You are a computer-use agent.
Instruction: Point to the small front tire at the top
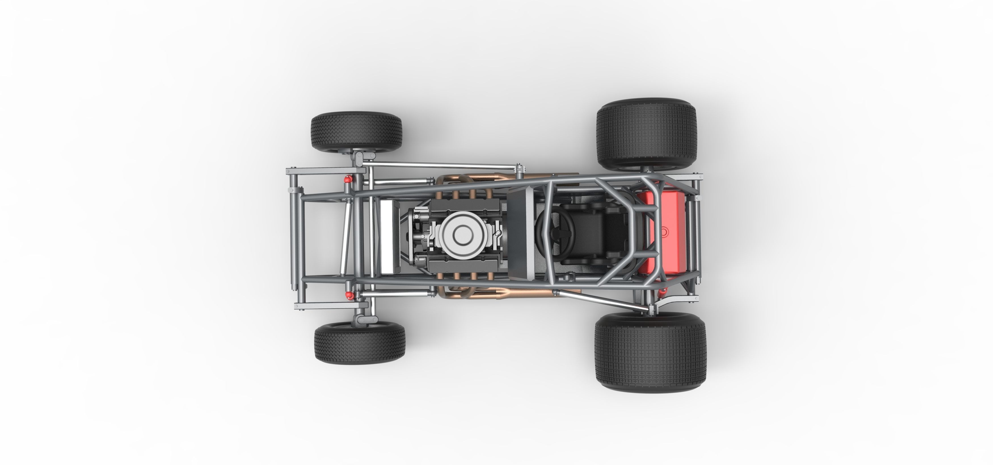coord(356,132)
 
